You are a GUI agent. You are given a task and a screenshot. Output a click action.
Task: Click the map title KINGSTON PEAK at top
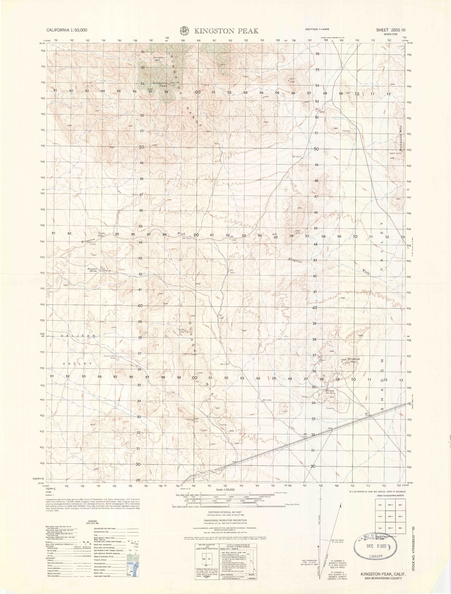tap(227, 31)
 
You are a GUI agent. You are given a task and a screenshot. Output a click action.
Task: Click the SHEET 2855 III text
tap(390, 30)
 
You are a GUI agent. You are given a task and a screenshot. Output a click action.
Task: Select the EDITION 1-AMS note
tap(317, 29)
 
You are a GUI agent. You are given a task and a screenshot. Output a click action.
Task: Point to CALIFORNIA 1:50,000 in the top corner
tap(66, 30)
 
